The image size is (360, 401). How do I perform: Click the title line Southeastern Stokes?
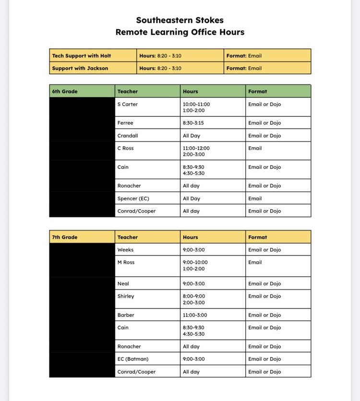point(180,20)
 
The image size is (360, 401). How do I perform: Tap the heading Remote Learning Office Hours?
point(180,33)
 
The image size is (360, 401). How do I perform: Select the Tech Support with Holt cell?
point(82,56)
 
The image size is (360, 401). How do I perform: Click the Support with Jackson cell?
point(80,68)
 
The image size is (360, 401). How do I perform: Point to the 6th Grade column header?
point(65,91)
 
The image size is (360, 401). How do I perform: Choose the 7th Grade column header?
point(65,237)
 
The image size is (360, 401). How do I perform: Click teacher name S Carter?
point(128,104)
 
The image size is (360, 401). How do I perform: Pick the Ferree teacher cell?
point(125,123)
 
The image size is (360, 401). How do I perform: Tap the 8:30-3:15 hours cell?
point(193,123)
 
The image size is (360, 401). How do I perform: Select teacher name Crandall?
point(128,136)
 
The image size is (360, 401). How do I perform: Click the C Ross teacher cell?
point(126,148)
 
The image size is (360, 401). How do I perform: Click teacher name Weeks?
point(126,250)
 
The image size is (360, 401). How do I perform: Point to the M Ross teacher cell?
point(126,262)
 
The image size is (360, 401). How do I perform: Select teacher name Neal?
point(123,284)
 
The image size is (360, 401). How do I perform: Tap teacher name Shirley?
point(126,296)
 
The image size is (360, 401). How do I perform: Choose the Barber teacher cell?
point(126,315)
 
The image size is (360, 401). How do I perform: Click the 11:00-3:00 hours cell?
point(195,315)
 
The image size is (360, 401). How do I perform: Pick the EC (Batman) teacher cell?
point(133,359)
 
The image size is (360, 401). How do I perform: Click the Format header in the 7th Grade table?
point(258,237)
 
